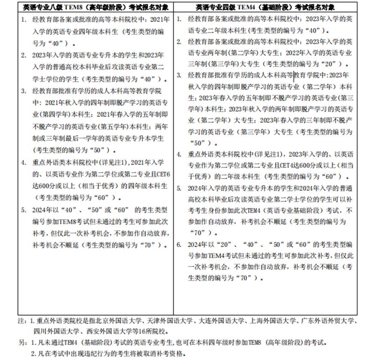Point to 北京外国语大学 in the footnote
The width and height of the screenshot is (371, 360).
(x=110, y=321)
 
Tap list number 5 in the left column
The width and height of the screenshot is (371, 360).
(x=23, y=211)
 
